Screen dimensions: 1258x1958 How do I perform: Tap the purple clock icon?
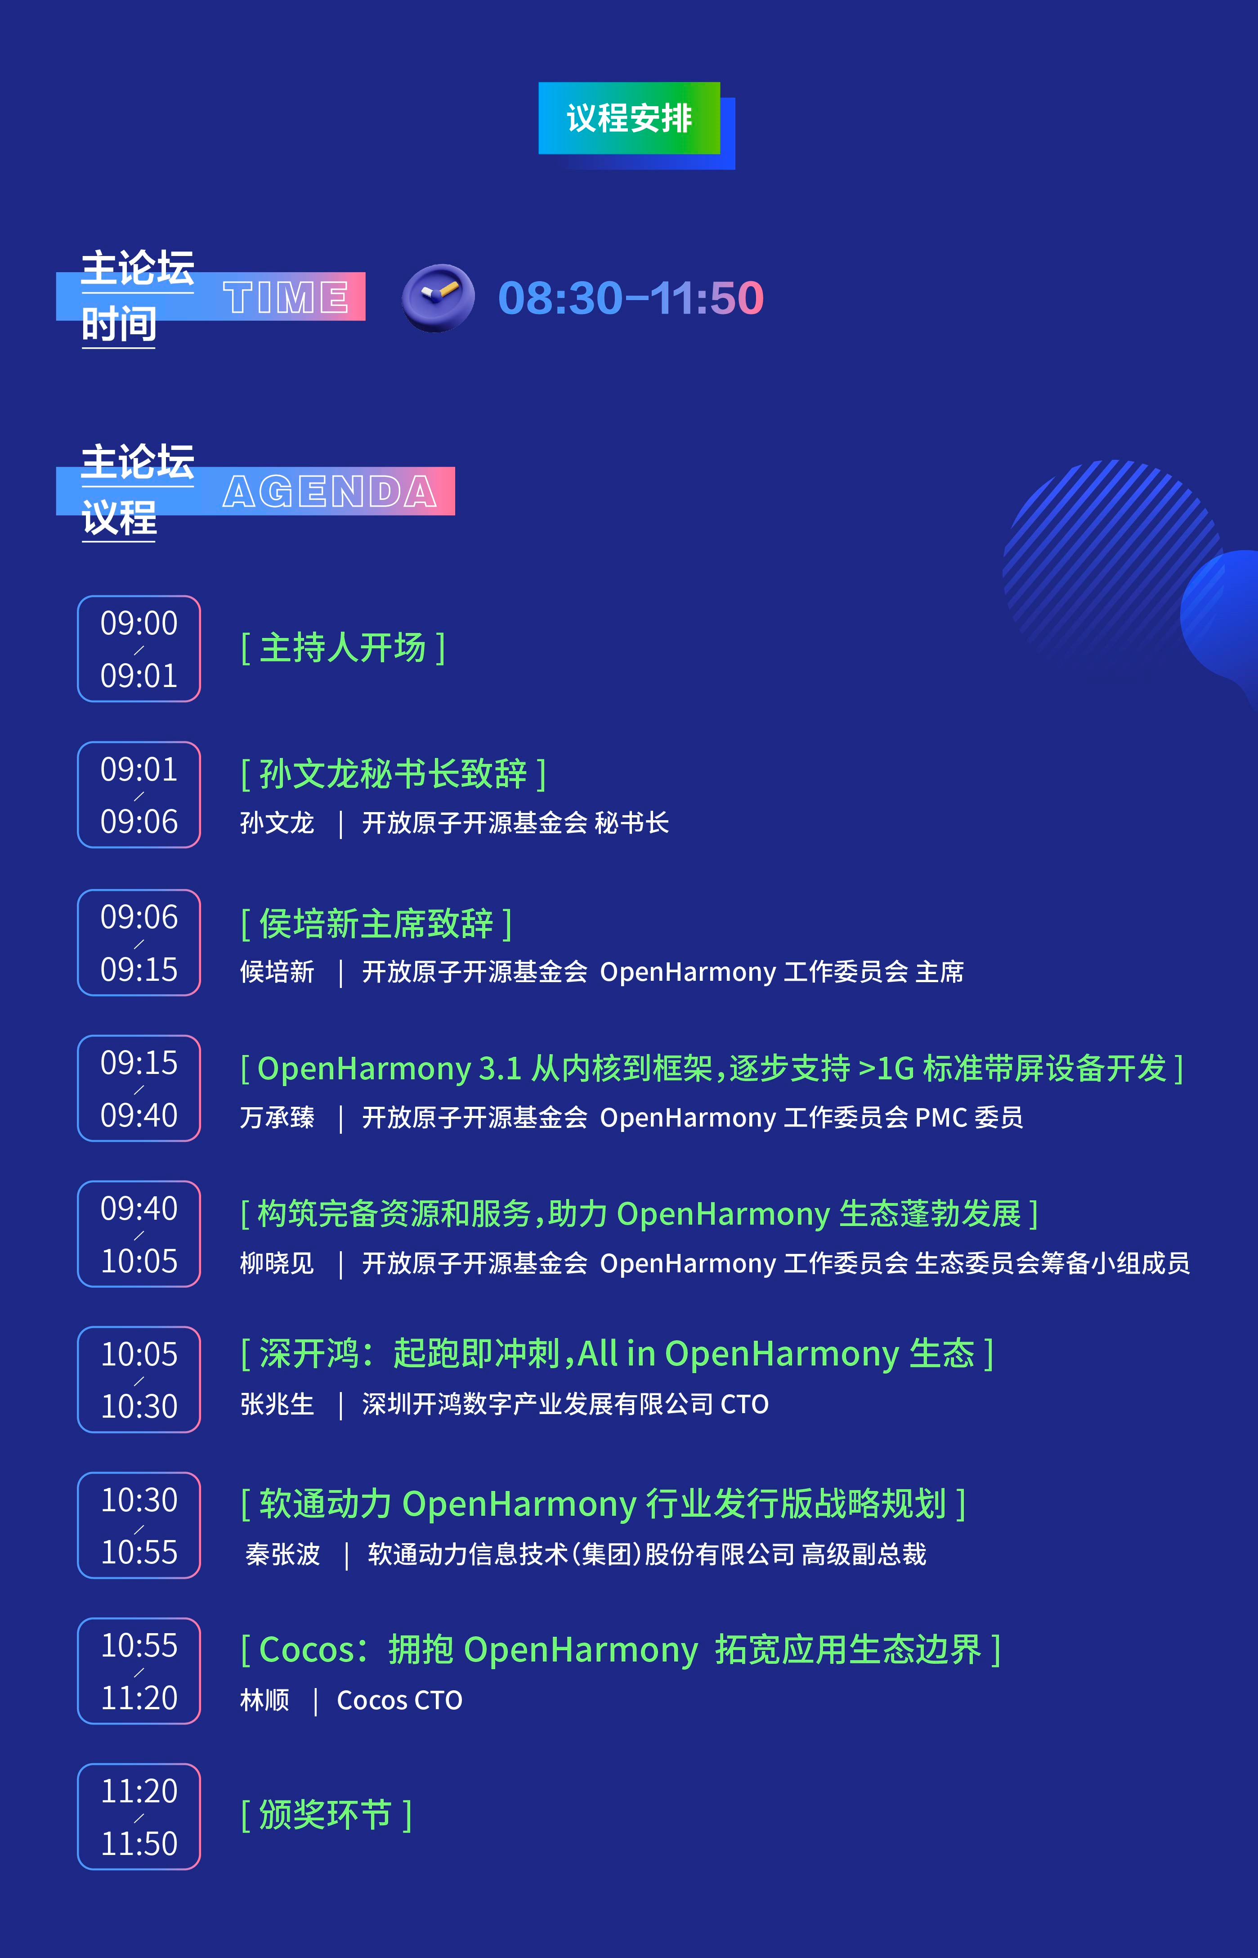(x=438, y=297)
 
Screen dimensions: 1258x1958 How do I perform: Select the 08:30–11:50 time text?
(x=631, y=297)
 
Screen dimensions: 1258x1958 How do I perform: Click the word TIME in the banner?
(x=286, y=296)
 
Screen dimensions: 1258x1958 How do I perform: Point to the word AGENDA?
(x=330, y=491)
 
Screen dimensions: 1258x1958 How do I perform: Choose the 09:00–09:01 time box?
(x=139, y=649)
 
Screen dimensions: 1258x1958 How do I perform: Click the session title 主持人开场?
(x=343, y=648)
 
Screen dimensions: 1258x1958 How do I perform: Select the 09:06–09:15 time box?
(x=139, y=942)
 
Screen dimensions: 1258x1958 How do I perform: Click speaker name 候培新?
(x=277, y=972)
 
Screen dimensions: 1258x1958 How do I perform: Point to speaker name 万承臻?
(x=277, y=1117)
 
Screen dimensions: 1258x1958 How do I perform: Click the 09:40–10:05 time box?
(x=139, y=1234)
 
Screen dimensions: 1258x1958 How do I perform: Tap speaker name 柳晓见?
(x=277, y=1263)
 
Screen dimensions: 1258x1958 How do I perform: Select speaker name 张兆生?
(x=277, y=1404)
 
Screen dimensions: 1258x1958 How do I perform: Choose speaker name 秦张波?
(x=282, y=1554)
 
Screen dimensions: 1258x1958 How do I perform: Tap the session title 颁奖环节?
(x=326, y=1815)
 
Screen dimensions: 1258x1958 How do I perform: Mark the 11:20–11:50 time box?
(x=139, y=1817)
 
